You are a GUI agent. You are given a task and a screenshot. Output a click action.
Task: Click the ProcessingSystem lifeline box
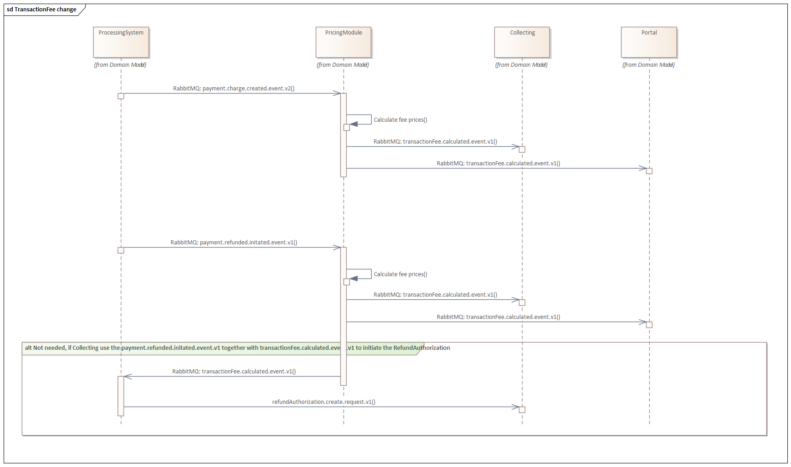click(x=121, y=42)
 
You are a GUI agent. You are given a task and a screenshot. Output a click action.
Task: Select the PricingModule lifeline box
click(x=343, y=42)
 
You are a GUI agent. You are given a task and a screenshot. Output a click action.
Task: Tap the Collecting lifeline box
click(x=522, y=42)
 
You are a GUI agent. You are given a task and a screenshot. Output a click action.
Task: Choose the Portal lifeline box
click(x=649, y=42)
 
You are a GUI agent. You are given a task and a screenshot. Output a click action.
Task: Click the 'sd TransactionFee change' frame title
click(x=41, y=10)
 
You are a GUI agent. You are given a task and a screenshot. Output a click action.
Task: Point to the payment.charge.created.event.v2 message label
click(x=234, y=89)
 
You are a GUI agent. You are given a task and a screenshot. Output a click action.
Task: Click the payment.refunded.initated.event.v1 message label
click(x=234, y=243)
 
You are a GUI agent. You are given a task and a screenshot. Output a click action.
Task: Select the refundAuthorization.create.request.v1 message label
click(x=323, y=402)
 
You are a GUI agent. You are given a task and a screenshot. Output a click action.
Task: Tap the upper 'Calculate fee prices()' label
click(x=400, y=120)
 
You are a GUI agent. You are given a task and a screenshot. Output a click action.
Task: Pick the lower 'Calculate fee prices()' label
click(x=400, y=274)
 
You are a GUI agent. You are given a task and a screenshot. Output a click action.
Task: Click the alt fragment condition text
click(x=237, y=348)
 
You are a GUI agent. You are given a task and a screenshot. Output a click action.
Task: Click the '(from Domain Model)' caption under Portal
click(x=648, y=65)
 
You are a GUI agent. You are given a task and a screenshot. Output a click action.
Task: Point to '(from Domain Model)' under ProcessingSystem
click(x=120, y=65)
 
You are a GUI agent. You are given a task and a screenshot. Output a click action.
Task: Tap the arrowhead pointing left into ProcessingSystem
click(x=128, y=377)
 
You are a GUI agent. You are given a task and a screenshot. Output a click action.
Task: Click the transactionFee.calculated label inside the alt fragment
click(x=234, y=372)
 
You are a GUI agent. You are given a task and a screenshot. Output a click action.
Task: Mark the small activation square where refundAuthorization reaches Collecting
click(x=522, y=410)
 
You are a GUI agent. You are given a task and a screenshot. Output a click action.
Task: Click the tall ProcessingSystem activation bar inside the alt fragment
click(x=121, y=396)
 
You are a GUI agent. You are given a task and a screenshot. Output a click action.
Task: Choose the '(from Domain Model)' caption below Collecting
click(x=521, y=65)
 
